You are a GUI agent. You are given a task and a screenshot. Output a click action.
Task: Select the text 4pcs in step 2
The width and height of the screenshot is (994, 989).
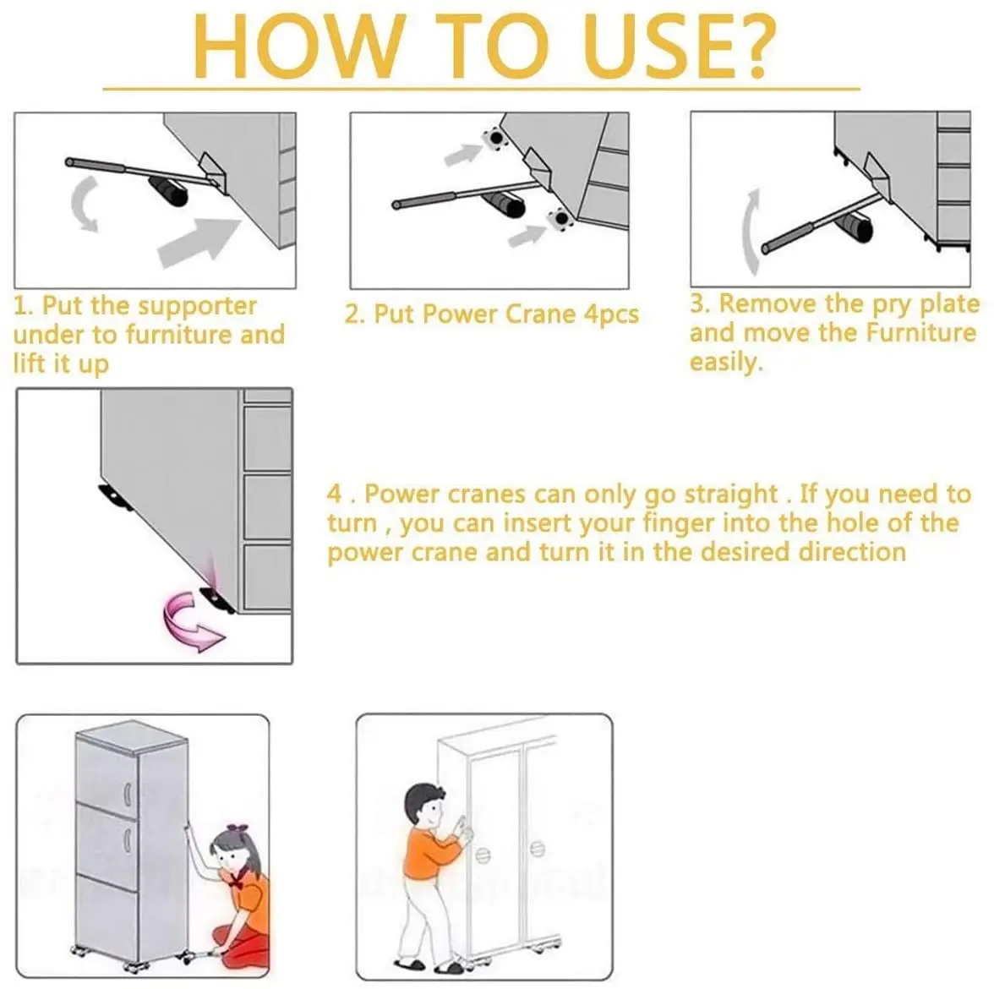611,314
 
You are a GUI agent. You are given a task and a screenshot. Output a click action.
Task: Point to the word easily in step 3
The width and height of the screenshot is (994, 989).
727,362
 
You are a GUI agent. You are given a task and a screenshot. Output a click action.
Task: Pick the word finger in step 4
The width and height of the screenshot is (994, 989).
679,524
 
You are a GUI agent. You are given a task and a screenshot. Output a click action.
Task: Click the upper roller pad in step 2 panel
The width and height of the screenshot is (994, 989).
494,139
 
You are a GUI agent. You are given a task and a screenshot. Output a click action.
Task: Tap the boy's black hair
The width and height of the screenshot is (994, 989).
424,800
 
